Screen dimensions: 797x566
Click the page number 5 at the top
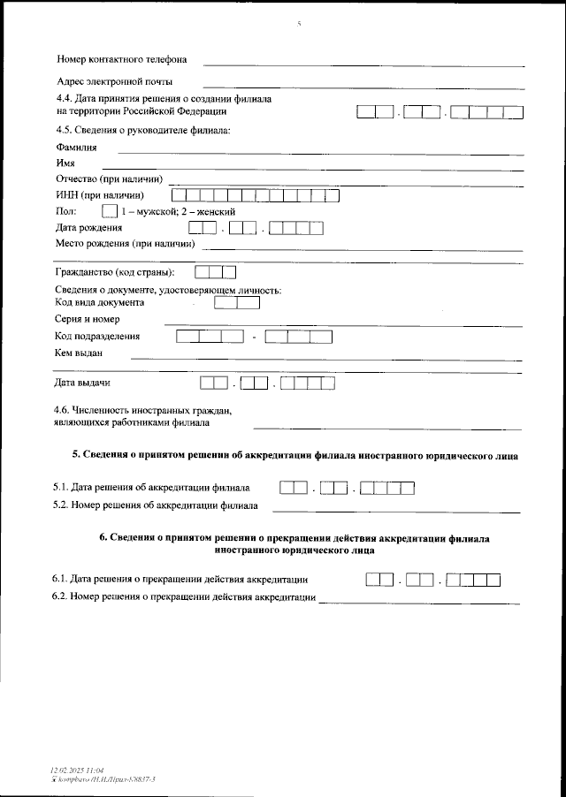300,24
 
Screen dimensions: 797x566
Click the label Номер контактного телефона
121,60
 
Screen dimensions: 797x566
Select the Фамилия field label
76,148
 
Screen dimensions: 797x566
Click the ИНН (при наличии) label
99,195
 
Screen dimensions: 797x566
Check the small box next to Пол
110,212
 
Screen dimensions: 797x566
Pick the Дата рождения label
88,228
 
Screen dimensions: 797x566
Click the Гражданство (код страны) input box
214,271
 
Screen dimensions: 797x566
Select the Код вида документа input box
236,302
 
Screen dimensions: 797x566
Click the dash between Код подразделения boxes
254,337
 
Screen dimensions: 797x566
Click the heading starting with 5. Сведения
294,455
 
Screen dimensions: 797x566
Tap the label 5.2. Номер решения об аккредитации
156,506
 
